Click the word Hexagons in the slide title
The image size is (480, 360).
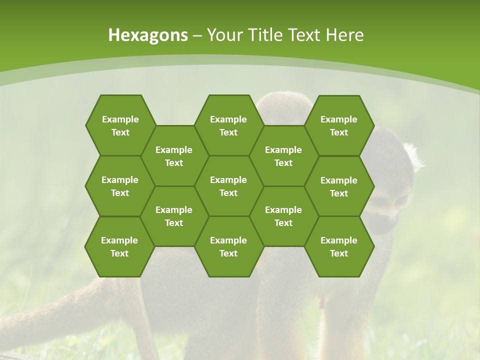[x=148, y=35]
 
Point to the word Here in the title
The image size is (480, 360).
[x=345, y=35]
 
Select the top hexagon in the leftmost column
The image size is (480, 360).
[x=120, y=125]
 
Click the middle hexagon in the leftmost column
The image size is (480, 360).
[x=120, y=186]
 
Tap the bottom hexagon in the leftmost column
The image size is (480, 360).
[x=119, y=246]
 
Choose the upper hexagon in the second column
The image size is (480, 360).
[x=174, y=156]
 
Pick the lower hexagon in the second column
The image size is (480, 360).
[x=174, y=216]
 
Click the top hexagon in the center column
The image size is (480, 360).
[x=228, y=125]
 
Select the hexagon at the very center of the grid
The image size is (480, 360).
[x=228, y=186]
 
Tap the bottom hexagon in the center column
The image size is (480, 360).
[x=228, y=246]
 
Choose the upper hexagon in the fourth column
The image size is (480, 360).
[x=283, y=156]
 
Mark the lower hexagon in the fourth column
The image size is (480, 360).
[x=283, y=216]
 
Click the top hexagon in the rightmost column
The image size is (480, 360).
[x=339, y=125]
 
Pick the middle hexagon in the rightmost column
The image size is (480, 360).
[x=339, y=186]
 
